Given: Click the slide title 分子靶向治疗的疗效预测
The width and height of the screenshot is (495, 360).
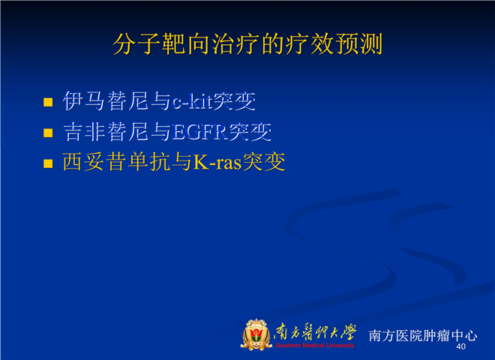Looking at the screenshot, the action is (247, 43).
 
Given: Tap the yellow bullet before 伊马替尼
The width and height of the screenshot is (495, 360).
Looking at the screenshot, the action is (48, 102).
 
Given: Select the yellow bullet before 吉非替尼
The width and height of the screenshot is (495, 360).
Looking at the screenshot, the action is (48, 133).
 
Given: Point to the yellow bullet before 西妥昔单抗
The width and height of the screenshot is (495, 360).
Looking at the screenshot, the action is (48, 163).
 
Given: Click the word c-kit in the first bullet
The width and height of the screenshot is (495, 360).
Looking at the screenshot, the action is (192, 101).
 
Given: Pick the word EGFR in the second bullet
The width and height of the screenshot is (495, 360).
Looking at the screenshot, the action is (200, 132).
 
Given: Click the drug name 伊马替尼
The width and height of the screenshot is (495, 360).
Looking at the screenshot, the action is (106, 101).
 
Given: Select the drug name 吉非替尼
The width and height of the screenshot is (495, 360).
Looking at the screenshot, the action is (106, 132).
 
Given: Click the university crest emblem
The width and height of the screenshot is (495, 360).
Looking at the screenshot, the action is (256, 334).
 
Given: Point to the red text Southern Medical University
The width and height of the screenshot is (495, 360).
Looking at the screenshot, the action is (315, 346).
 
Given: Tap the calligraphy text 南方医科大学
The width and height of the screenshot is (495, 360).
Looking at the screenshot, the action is (315, 332).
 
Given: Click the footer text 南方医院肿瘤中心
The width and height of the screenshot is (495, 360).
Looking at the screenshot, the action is (423, 336).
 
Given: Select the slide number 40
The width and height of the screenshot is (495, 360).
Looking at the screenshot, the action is (461, 346).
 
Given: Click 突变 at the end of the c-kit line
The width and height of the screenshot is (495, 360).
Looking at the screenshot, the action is (234, 101).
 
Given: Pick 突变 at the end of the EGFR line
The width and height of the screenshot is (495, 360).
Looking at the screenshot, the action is (250, 132).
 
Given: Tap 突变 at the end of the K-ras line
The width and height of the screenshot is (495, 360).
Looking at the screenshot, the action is (264, 162).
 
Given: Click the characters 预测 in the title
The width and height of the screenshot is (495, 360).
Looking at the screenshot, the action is (359, 43).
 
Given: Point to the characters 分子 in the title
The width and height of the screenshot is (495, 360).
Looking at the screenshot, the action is (136, 43).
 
